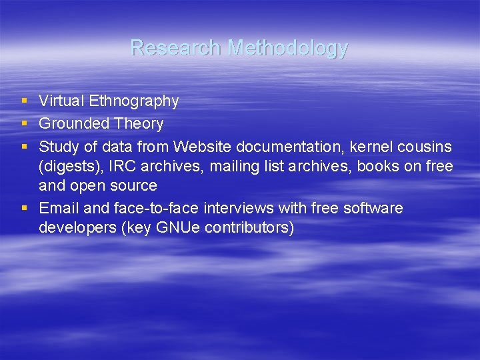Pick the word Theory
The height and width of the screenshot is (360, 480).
138,125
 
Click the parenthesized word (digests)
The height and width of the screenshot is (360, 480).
69,167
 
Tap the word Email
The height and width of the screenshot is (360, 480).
58,208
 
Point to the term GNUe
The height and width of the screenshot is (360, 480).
177,228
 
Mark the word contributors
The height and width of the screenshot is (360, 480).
249,228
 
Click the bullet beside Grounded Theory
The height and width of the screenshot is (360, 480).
25,124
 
